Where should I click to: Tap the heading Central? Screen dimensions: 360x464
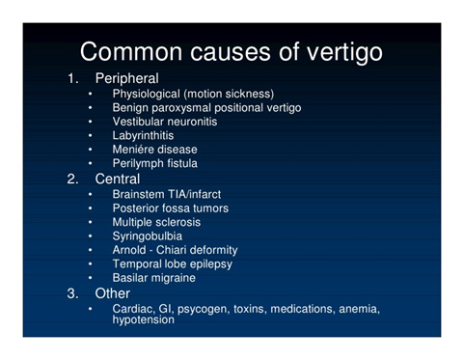pos(117,179)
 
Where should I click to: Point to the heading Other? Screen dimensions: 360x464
pos(111,292)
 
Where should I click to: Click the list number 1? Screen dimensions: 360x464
pos(73,77)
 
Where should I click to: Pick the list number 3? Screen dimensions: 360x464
pos(73,292)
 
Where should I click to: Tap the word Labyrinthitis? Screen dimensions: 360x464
pos(145,136)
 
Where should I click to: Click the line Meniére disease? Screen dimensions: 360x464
pos(154,150)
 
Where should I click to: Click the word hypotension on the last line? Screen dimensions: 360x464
pos(144,319)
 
